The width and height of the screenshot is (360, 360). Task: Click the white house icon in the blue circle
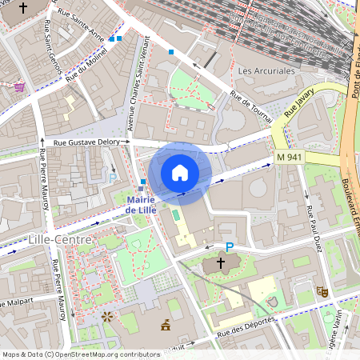[180, 172]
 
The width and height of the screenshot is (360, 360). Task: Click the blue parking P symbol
[230, 249]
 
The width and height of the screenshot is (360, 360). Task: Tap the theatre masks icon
[322, 292]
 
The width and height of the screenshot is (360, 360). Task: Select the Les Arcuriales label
[266, 70]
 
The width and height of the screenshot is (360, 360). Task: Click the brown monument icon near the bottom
[166, 324]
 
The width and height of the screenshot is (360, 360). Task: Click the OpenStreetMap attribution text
[80, 354]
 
